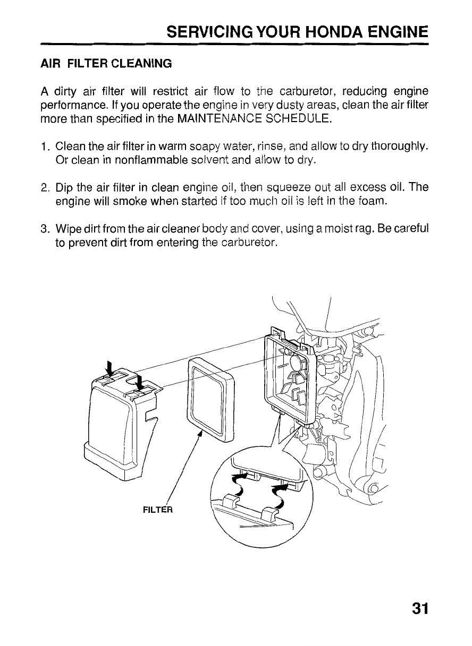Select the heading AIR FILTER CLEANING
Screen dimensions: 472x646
pyautogui.click(x=106, y=64)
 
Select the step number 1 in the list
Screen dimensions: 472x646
pyautogui.click(x=44, y=147)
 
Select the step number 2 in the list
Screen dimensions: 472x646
pyautogui.click(x=45, y=188)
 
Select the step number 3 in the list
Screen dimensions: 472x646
pyautogui.click(x=45, y=229)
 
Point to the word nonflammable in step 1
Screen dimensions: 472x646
pyautogui.click(x=151, y=160)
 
